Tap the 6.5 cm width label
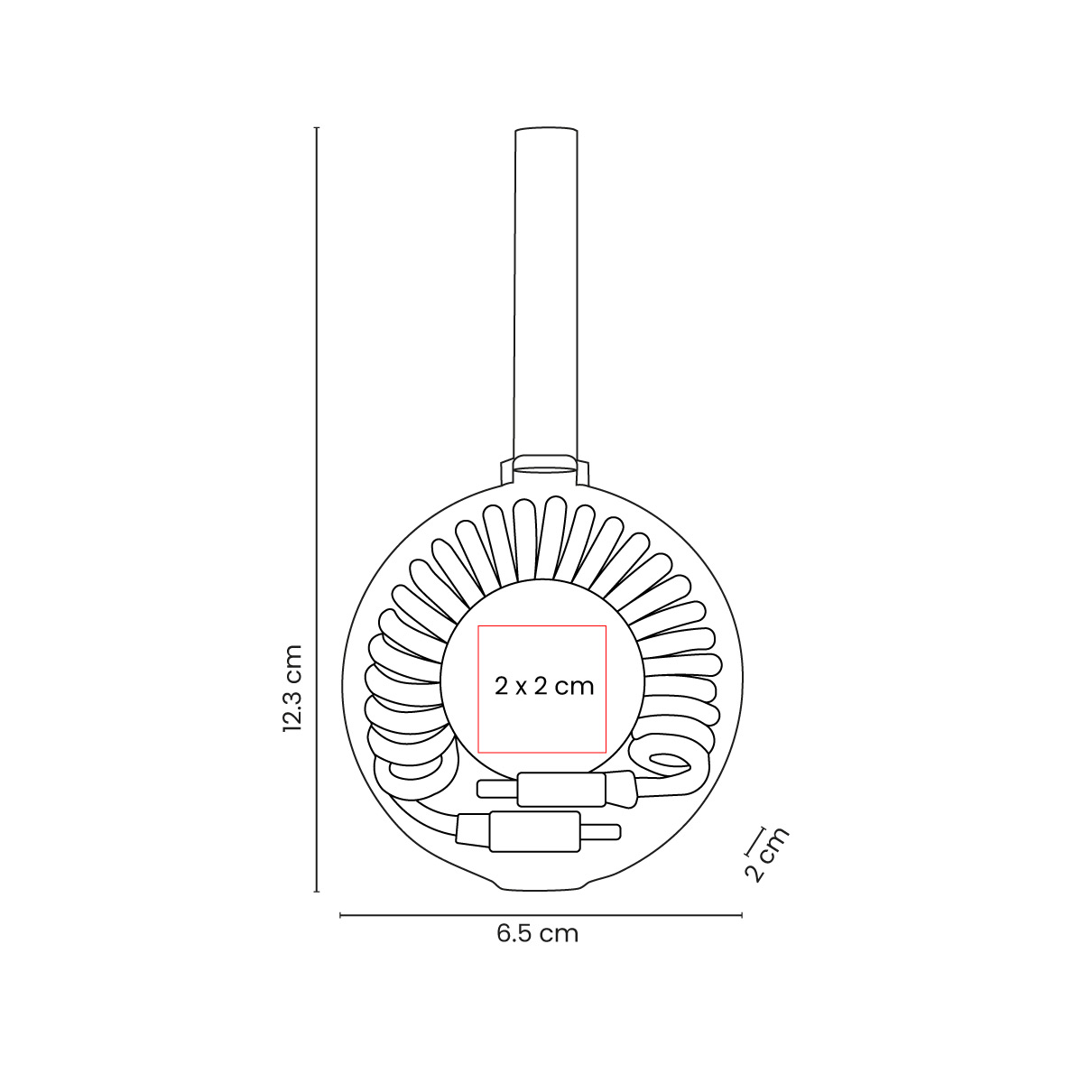pyautogui.click(x=537, y=933)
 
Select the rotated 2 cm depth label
pyautogui.click(x=766, y=854)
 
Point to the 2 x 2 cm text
pyautogui.click(x=544, y=686)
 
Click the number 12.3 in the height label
pyautogui.click(x=291, y=704)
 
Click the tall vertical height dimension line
pyautogui.click(x=317, y=451)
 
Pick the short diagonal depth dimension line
pyautogui.click(x=754, y=839)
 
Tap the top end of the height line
pyautogui.click(x=317, y=129)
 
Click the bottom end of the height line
pyautogui.click(x=317, y=892)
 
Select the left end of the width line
pyautogui.click(x=340, y=915)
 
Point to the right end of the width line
pyautogui.click(x=741, y=915)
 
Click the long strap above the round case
pyautogui.click(x=545, y=289)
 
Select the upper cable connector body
pyautogui.click(x=562, y=789)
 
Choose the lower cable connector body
pyautogui.click(x=533, y=830)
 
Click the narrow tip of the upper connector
pyautogui.click(x=496, y=790)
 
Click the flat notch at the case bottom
pyautogui.click(x=545, y=888)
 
